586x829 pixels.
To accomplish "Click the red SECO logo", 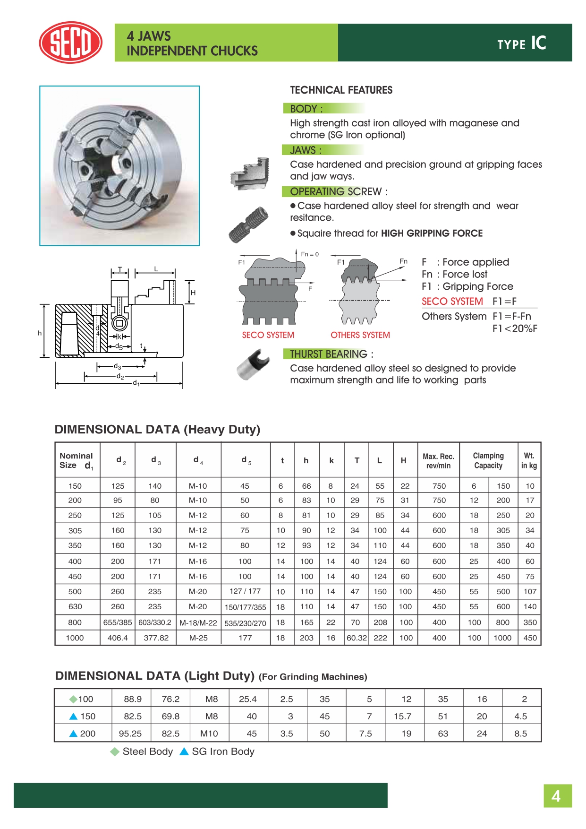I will [x=70, y=43].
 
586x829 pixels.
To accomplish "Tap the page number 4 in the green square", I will [x=557, y=796].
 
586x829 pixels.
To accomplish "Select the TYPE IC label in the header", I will [x=521, y=43].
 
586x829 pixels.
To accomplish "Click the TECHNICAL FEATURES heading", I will [x=341, y=90].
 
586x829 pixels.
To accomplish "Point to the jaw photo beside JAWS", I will [x=250, y=173].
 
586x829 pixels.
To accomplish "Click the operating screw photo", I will [x=248, y=225].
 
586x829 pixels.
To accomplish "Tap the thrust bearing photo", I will [x=253, y=364].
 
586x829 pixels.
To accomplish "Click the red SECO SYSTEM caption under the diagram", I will [x=268, y=335].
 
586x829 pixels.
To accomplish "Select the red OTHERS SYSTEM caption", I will [x=360, y=335].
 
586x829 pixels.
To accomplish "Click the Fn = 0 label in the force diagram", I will [x=310, y=254].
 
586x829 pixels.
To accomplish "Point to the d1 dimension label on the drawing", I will [x=136, y=383].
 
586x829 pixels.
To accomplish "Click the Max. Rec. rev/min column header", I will [x=438, y=461].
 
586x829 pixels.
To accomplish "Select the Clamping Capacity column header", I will [x=488, y=461].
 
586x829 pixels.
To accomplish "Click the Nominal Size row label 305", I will [x=75, y=531].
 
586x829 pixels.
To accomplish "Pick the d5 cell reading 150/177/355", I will [x=245, y=607].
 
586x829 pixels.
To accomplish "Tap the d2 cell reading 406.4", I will [x=118, y=638].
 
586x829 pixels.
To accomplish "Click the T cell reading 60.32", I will [x=357, y=638].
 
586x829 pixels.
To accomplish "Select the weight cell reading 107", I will [x=530, y=592].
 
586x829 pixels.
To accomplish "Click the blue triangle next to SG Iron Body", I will [x=184, y=751].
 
